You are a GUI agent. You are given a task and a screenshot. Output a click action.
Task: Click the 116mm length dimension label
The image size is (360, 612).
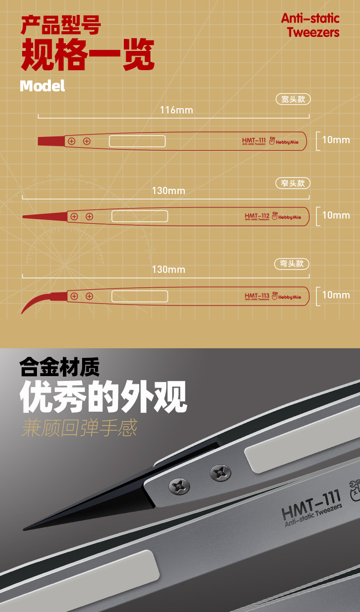click(x=176, y=110)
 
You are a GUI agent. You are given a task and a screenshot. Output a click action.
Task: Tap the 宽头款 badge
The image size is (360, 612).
click(x=293, y=99)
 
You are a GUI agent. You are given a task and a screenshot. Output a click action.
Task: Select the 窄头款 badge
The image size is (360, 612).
click(x=293, y=183)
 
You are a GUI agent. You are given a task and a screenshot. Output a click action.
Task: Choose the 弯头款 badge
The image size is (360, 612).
click(x=291, y=264)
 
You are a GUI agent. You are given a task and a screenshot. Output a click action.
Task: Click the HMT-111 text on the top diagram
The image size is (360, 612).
click(x=253, y=140)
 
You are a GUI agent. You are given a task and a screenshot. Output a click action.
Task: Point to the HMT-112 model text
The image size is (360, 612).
click(x=257, y=216)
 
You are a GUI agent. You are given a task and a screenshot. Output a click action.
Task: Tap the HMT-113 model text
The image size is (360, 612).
click(x=257, y=295)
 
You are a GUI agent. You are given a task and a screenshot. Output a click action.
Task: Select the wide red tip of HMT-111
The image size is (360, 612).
click(x=51, y=141)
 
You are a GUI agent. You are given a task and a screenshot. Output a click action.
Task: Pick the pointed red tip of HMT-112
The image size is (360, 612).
click(x=45, y=216)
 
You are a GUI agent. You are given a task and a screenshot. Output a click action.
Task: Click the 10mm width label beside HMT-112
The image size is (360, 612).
click(x=336, y=215)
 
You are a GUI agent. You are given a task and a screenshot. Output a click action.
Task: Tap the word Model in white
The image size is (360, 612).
click(x=42, y=86)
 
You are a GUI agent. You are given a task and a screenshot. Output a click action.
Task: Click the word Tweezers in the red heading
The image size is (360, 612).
click(x=313, y=32)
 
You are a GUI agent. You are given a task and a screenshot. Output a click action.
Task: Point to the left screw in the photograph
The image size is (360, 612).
click(x=179, y=486)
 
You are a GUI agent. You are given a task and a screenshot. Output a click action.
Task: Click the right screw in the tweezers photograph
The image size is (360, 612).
click(x=220, y=473)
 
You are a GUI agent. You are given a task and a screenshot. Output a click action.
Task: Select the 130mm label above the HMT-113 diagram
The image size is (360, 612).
click(x=168, y=269)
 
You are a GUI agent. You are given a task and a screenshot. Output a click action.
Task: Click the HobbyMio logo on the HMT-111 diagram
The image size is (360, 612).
click(x=284, y=141)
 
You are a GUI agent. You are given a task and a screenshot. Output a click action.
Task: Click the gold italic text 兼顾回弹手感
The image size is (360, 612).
click(x=79, y=428)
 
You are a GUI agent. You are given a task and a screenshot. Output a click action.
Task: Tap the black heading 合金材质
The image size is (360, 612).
click(x=60, y=367)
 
